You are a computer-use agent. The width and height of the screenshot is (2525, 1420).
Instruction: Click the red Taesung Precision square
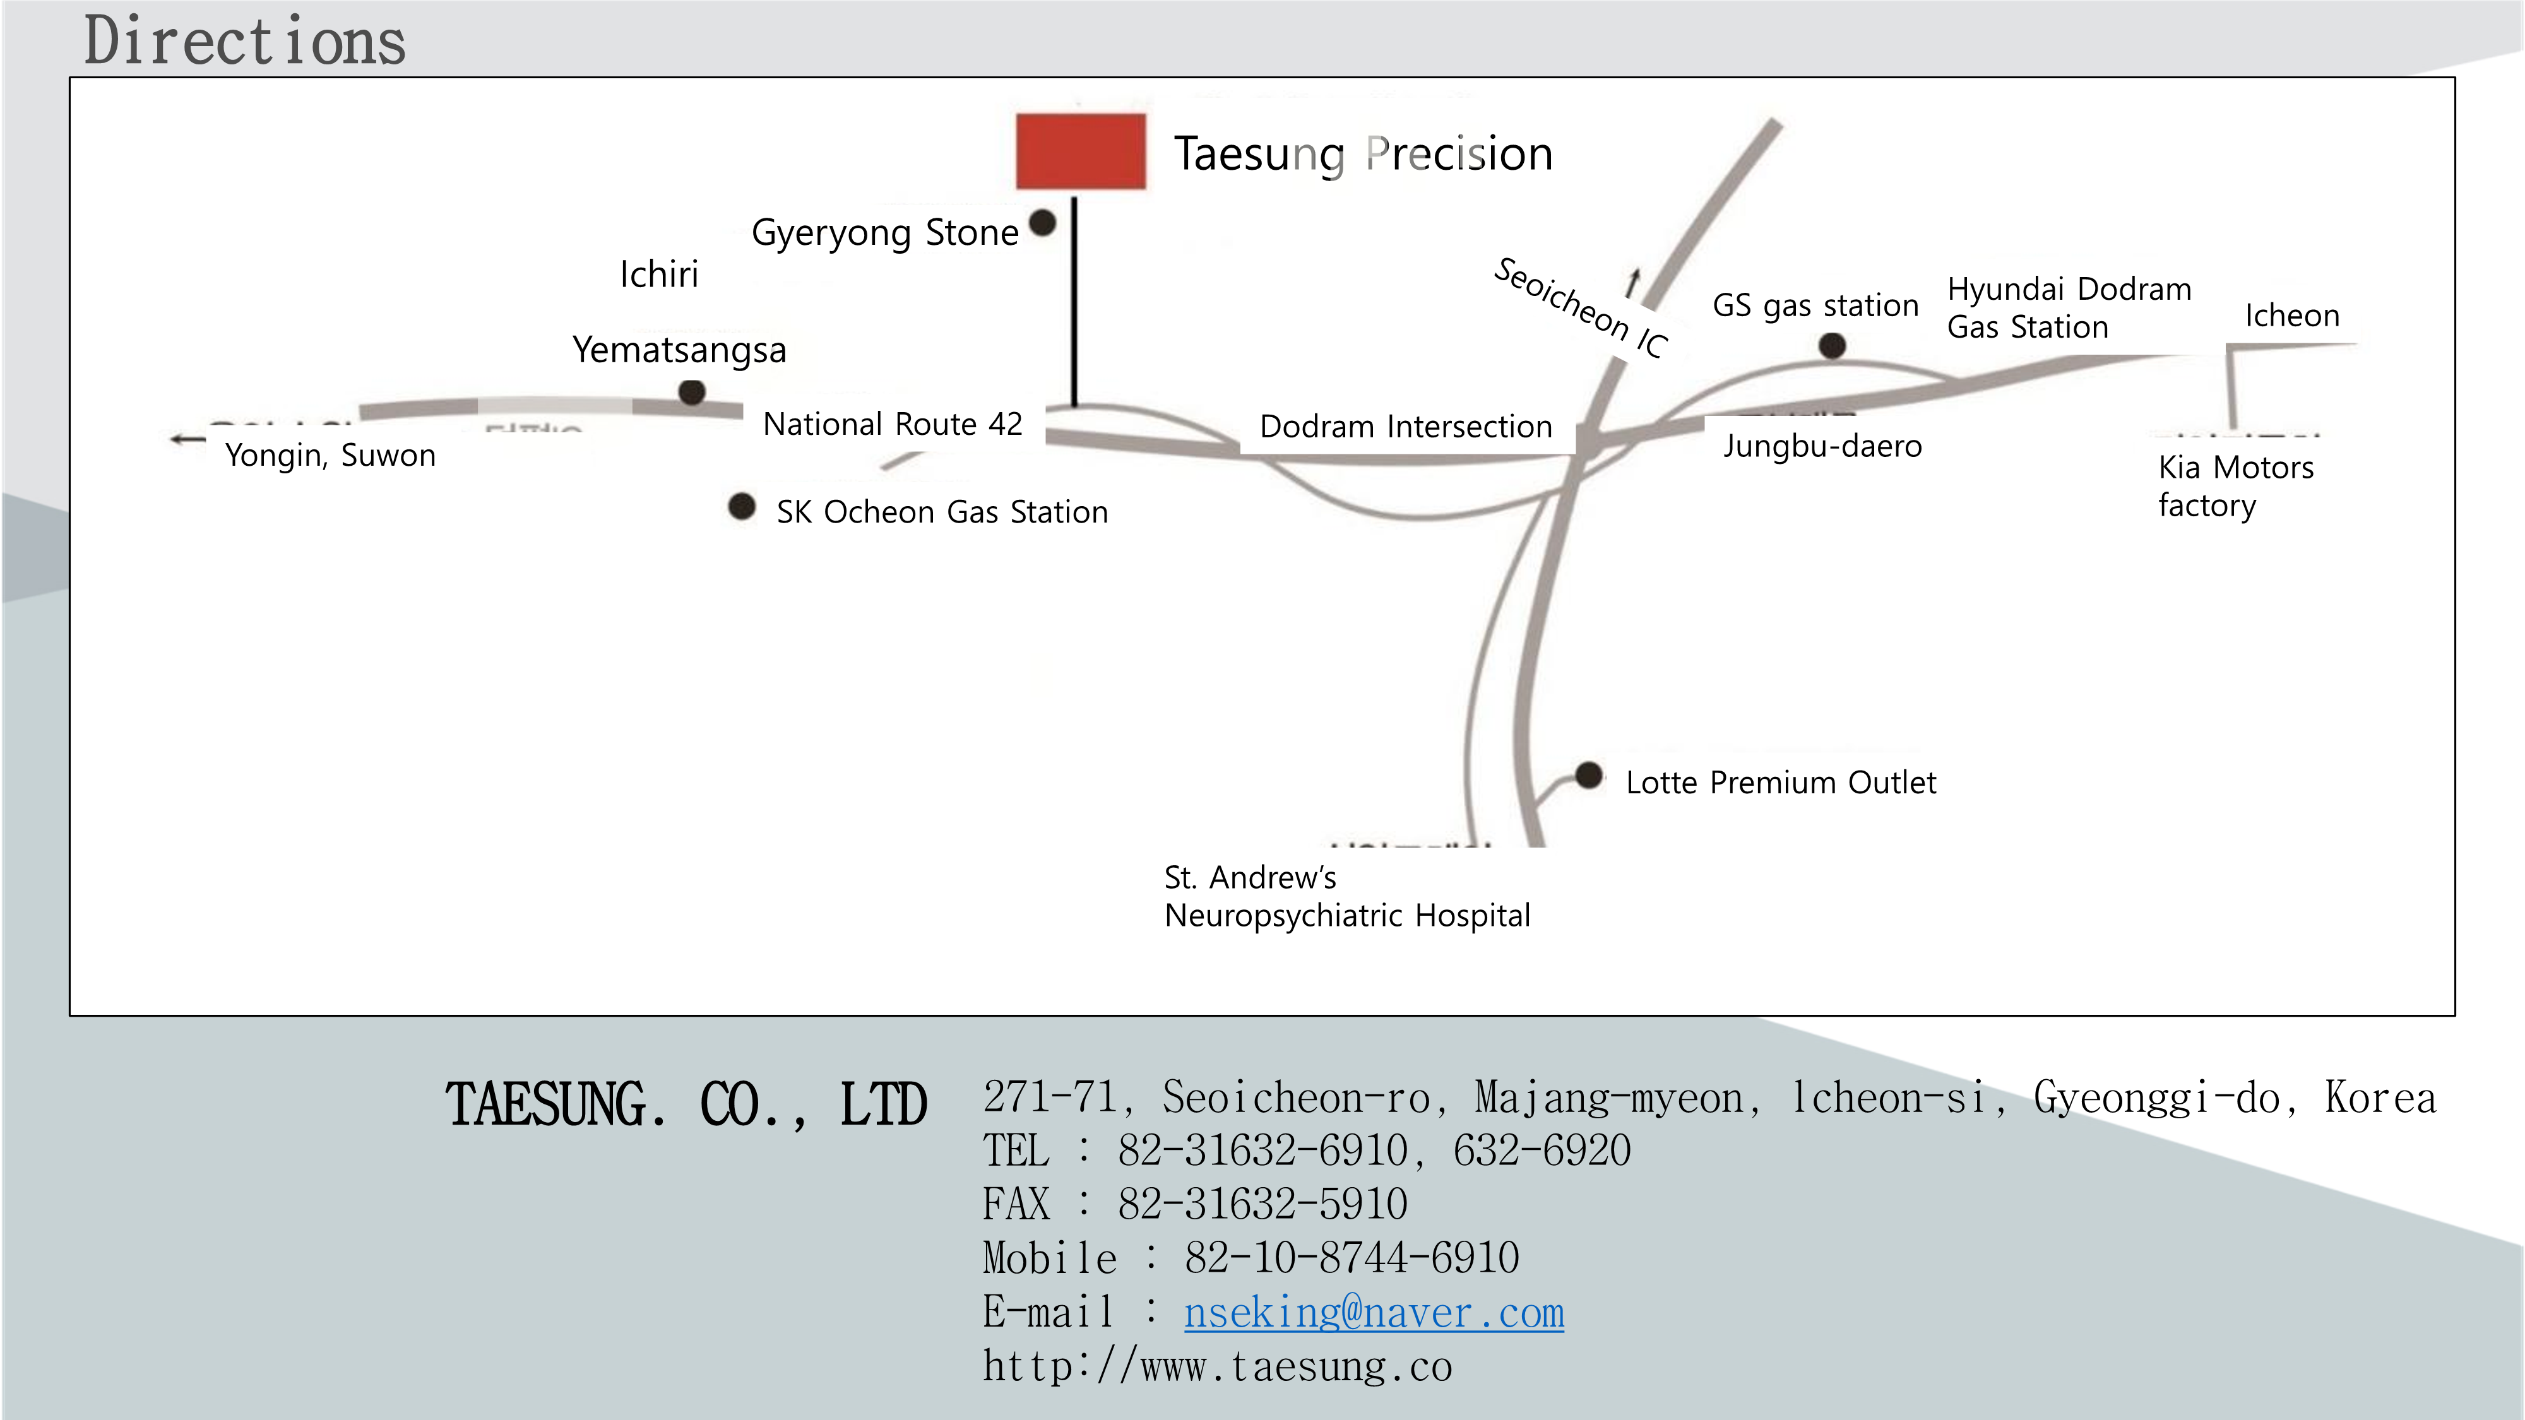1080,151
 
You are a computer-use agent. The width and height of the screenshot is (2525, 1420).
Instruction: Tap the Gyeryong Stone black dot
1043,222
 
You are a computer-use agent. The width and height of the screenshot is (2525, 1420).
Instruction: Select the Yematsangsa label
679,350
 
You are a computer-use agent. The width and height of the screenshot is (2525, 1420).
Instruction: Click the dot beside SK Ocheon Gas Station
742,507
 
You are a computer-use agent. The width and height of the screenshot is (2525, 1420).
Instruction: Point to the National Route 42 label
892,424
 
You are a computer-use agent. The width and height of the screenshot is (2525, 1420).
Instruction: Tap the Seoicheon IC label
1579,308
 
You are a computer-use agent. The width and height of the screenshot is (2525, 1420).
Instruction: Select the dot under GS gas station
1831,345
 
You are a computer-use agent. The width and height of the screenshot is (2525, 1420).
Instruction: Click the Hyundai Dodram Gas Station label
2068,308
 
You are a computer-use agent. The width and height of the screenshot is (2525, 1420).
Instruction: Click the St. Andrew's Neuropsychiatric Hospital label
1347,896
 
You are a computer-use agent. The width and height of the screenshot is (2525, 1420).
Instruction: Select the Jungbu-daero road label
1822,447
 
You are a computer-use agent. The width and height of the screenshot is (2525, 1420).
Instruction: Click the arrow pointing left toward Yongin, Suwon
186,439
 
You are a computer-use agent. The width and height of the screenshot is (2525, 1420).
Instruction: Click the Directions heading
245,41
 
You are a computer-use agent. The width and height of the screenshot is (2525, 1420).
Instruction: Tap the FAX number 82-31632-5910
1262,1204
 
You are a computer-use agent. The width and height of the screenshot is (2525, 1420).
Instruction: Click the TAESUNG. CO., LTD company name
686,1104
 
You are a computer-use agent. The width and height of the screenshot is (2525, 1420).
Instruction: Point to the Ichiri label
658,275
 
